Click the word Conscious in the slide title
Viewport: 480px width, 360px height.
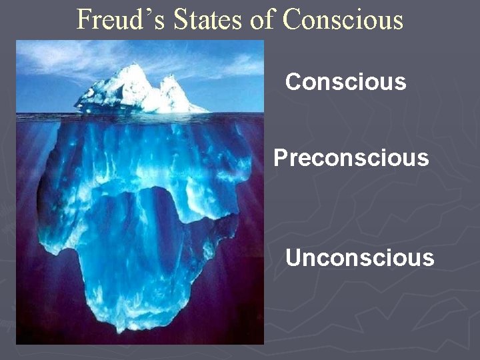(x=343, y=19)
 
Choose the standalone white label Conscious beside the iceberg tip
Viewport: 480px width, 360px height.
(x=345, y=82)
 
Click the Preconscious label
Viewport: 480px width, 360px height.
(x=351, y=158)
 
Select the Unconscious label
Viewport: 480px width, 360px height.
(x=359, y=257)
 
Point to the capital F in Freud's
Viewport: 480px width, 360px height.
(x=83, y=19)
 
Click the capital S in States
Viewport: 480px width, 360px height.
(x=181, y=19)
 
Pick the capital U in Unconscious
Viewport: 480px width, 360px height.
(x=293, y=257)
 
